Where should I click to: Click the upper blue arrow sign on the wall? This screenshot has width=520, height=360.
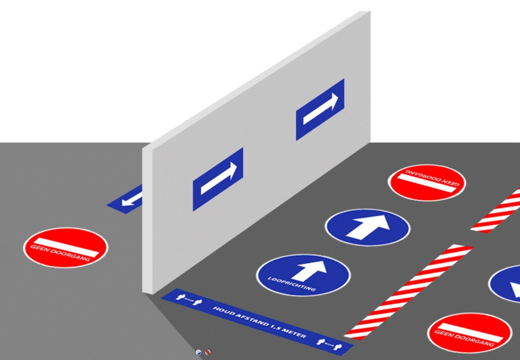coord(320,110)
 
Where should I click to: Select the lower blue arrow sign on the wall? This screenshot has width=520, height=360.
coord(218,179)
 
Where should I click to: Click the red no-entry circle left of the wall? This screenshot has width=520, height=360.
coord(66,248)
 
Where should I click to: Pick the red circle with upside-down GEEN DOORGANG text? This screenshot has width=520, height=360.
coord(427,182)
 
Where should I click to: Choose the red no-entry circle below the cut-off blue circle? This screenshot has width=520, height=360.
coord(469,333)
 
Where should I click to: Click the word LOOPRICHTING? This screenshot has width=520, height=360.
coord(292,284)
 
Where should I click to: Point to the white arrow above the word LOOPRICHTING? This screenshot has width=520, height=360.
coord(310,270)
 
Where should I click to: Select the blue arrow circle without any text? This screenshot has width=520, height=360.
coord(367,228)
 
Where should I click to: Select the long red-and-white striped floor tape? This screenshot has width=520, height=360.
coord(408,292)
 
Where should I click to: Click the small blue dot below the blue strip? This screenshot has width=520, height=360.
coord(198,353)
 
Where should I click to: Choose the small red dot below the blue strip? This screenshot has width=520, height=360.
coord(207,353)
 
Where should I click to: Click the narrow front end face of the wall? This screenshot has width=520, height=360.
coord(147,221)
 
